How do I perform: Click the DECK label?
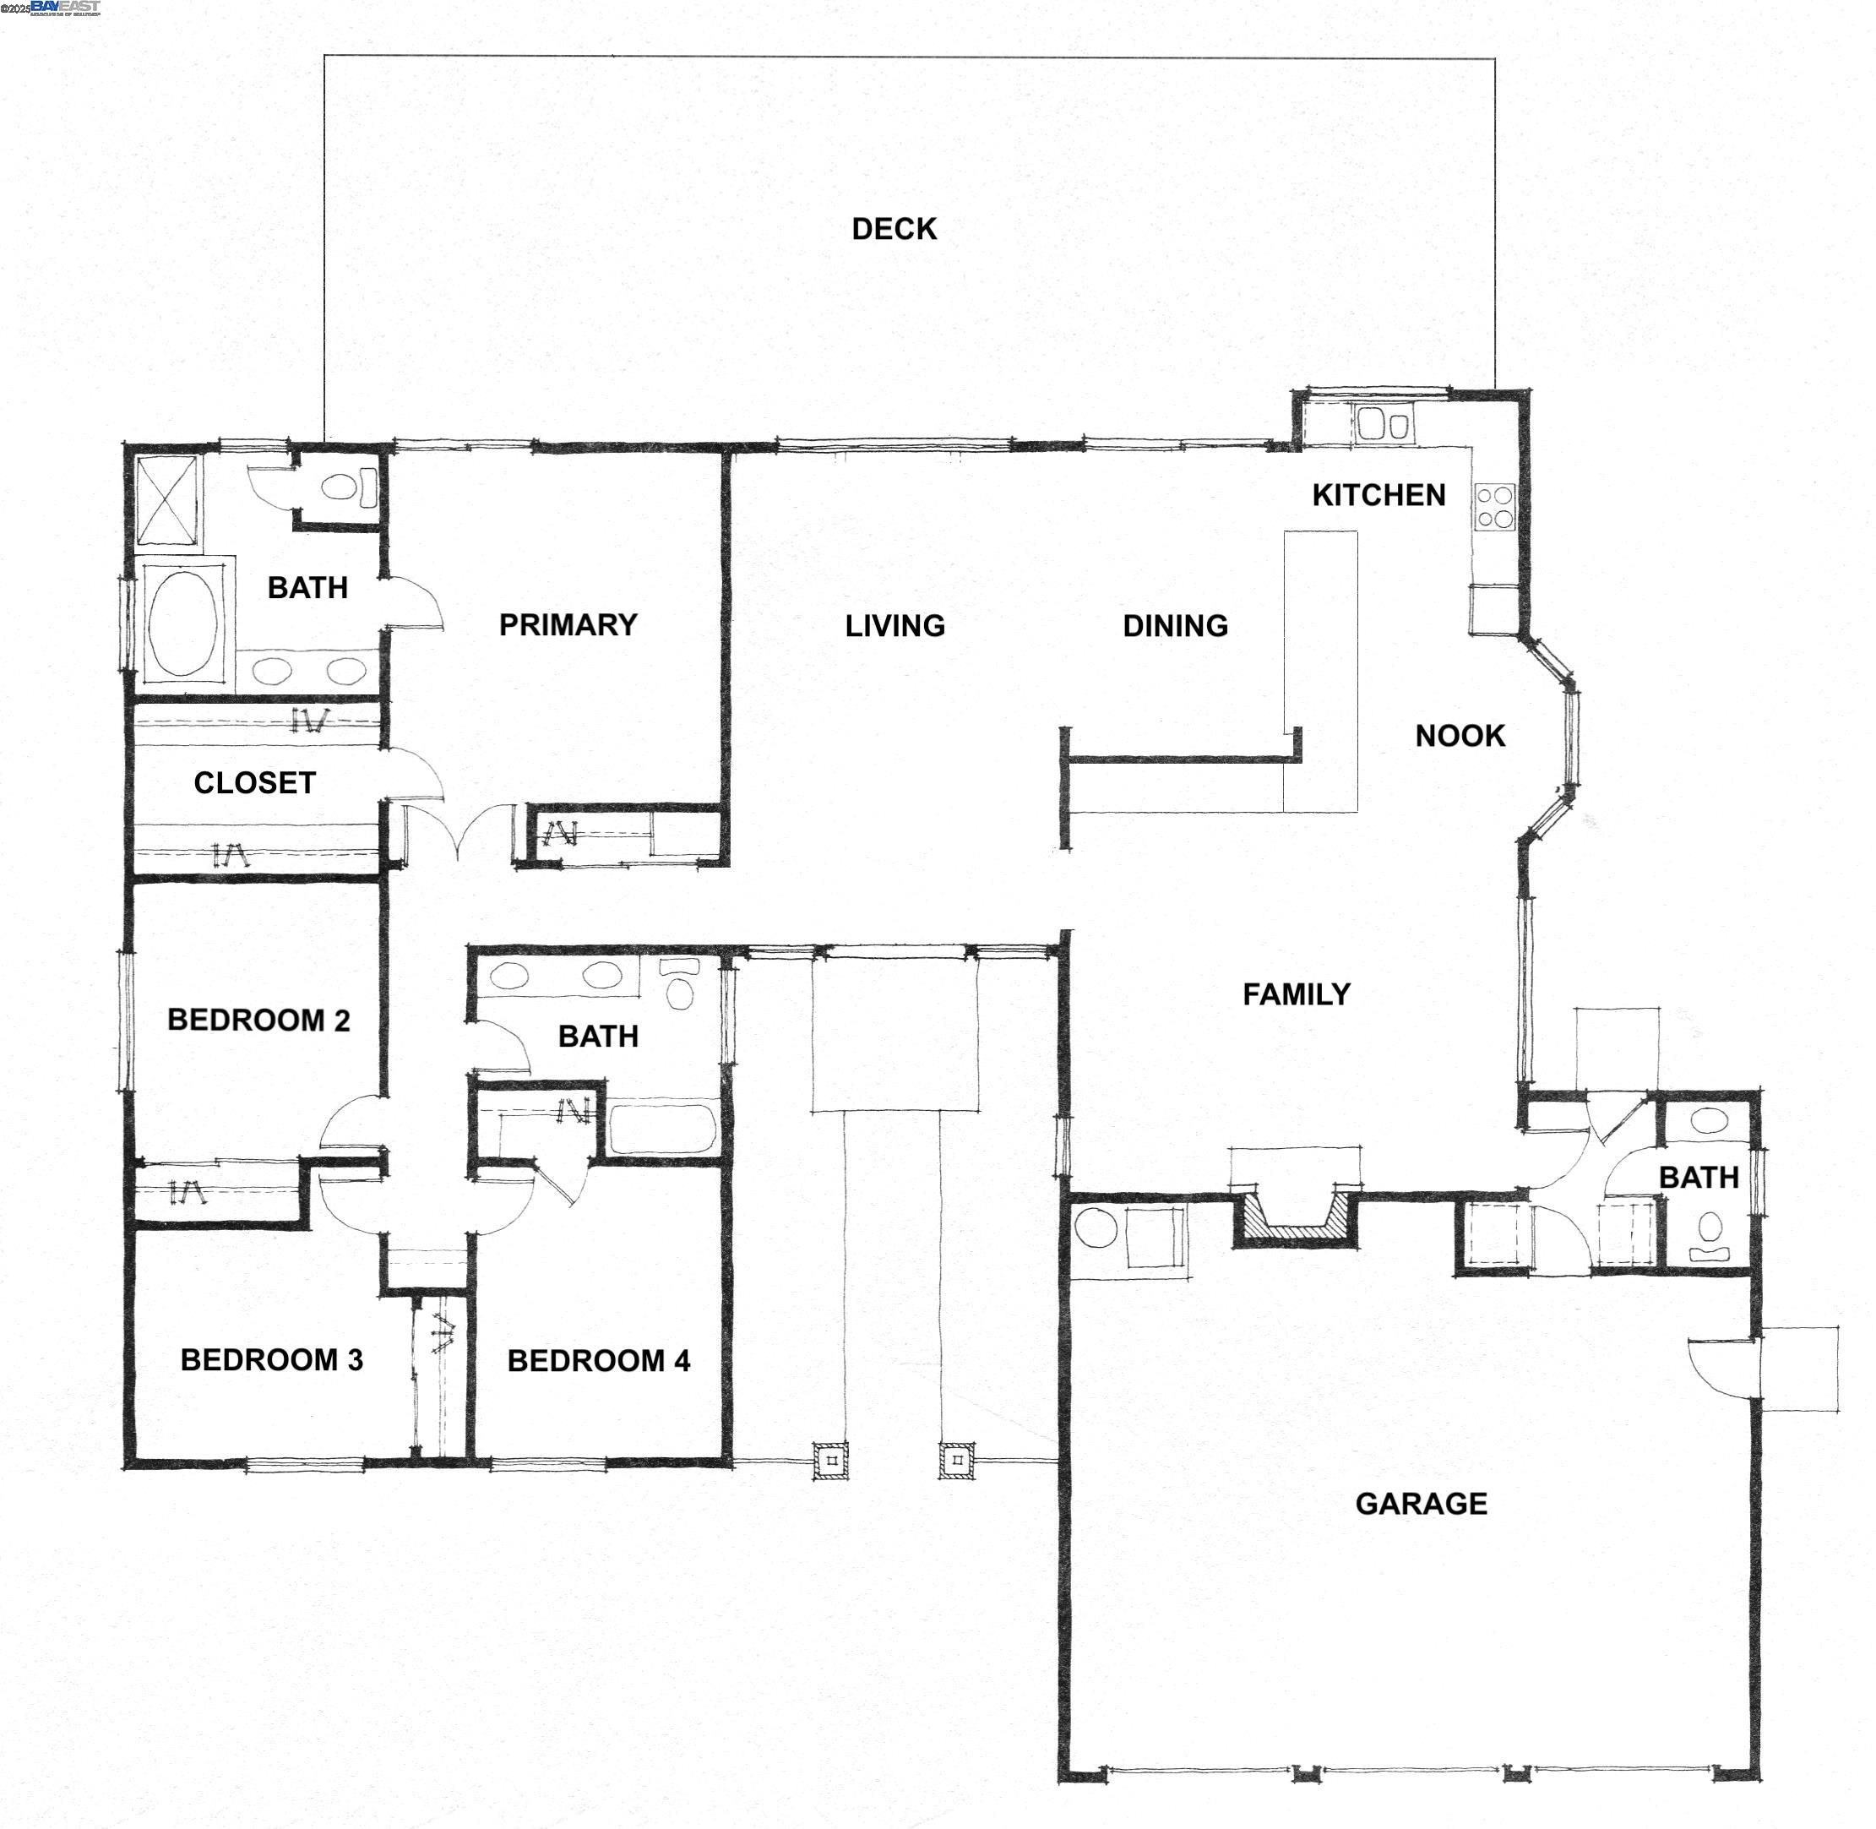pyautogui.click(x=894, y=229)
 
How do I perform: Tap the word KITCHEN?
pyautogui.click(x=1378, y=495)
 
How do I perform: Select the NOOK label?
pyautogui.click(x=1459, y=736)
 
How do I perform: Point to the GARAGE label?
pyautogui.click(x=1421, y=1504)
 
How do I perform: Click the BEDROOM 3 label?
pyautogui.click(x=272, y=1359)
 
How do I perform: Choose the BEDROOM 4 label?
pyautogui.click(x=598, y=1360)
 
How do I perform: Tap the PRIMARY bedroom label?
pyautogui.click(x=568, y=624)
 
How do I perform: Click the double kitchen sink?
pyautogui.click(x=1384, y=423)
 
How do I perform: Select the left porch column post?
pyautogui.click(x=831, y=1461)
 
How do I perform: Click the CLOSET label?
pyautogui.click(x=254, y=783)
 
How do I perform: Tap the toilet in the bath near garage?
pyautogui.click(x=1710, y=1231)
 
